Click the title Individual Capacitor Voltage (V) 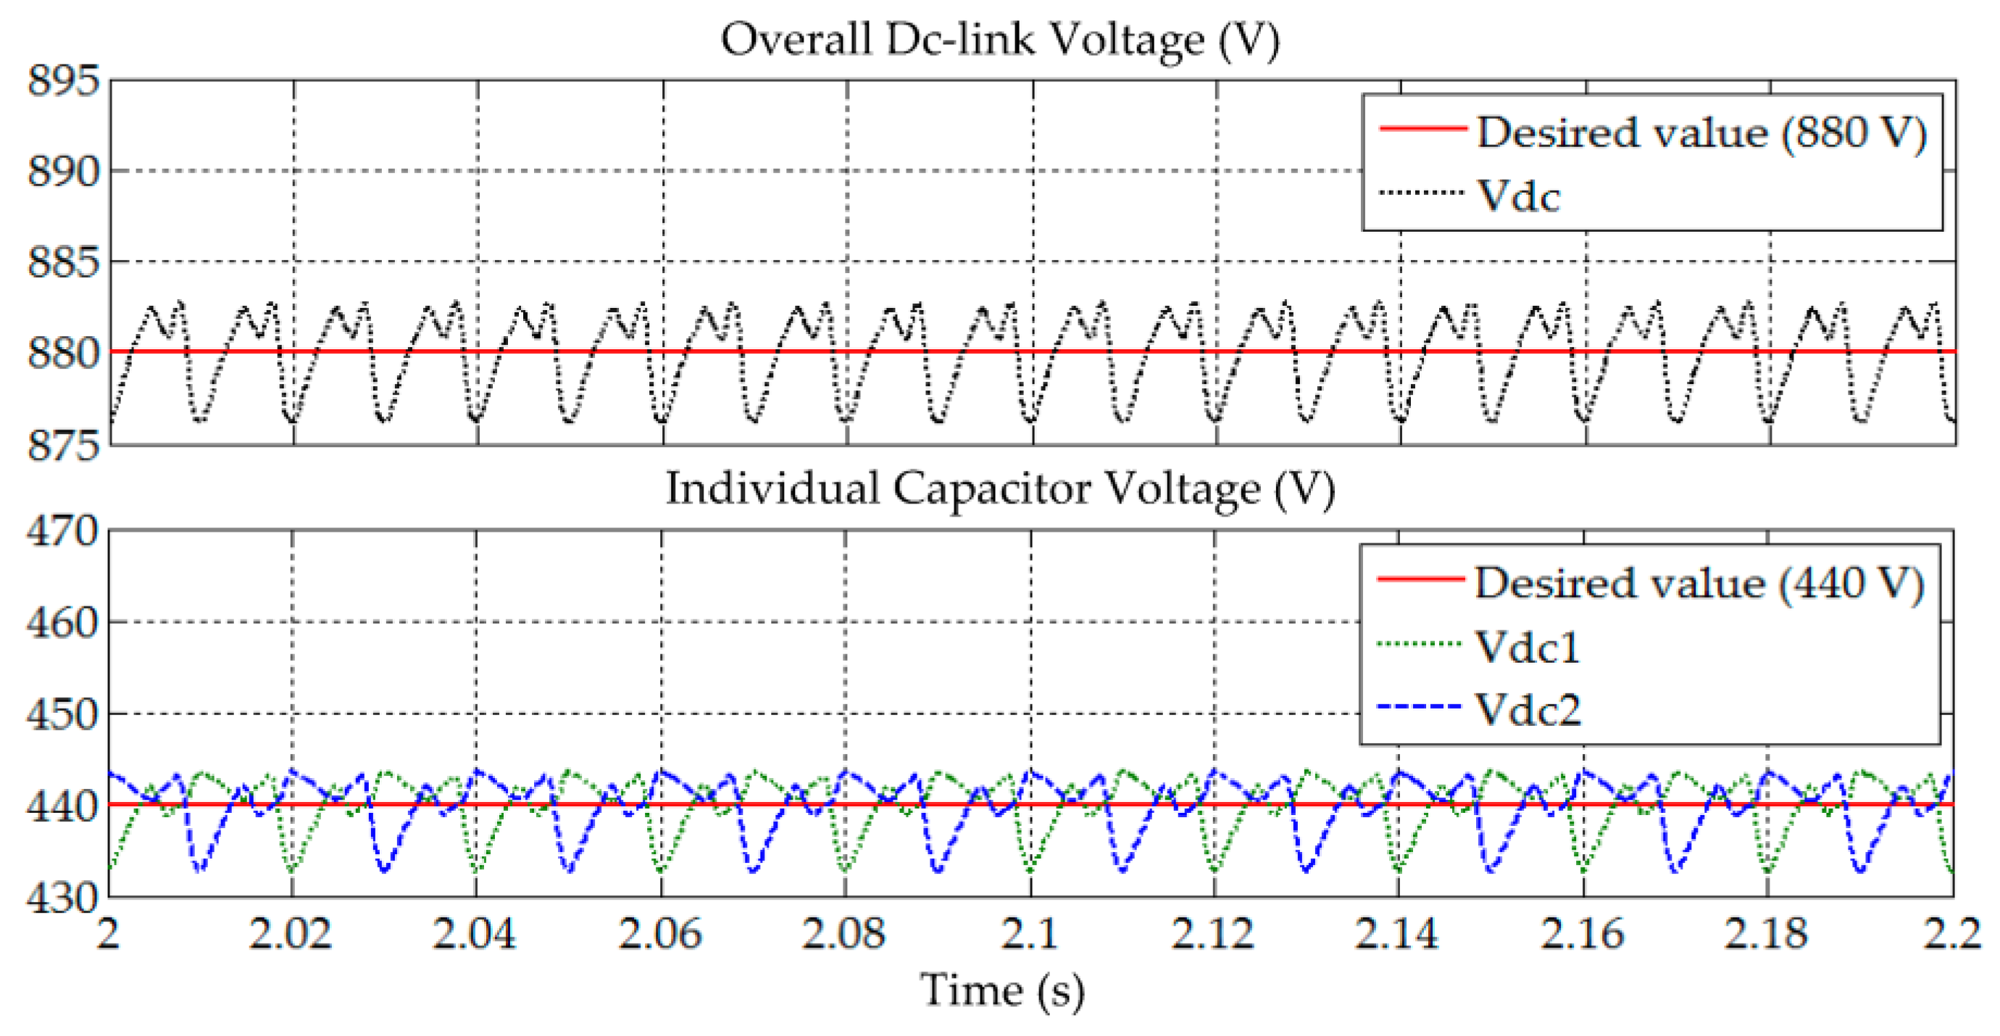1000,489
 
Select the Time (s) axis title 1001,991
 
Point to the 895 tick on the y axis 64,80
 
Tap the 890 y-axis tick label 64,172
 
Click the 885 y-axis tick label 64,262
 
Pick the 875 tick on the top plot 64,446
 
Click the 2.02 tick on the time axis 291,933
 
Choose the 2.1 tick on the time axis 1030,933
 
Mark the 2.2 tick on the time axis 1952,933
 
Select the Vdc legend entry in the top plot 1518,196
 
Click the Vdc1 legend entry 1526,646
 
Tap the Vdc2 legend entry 1526,709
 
